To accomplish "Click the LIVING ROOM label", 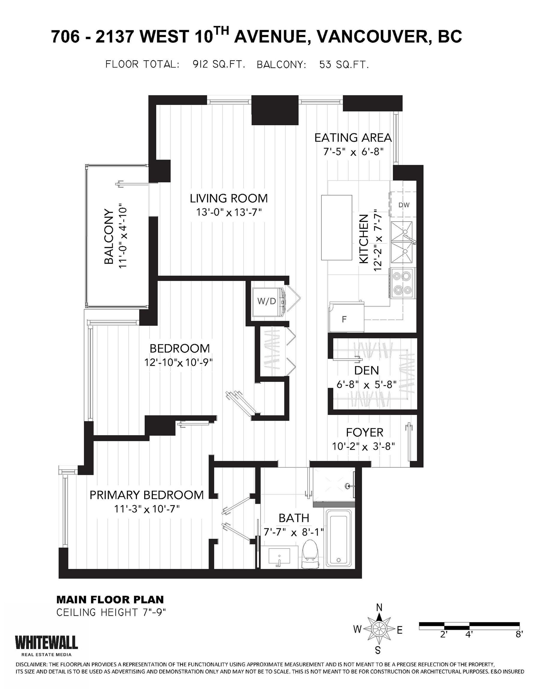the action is point(229,198).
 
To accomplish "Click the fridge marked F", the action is point(346,317).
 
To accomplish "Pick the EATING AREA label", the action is point(353,138).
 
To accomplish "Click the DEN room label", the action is point(367,370).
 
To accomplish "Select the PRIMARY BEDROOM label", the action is point(147,495).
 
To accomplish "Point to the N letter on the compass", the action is point(379,607).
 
